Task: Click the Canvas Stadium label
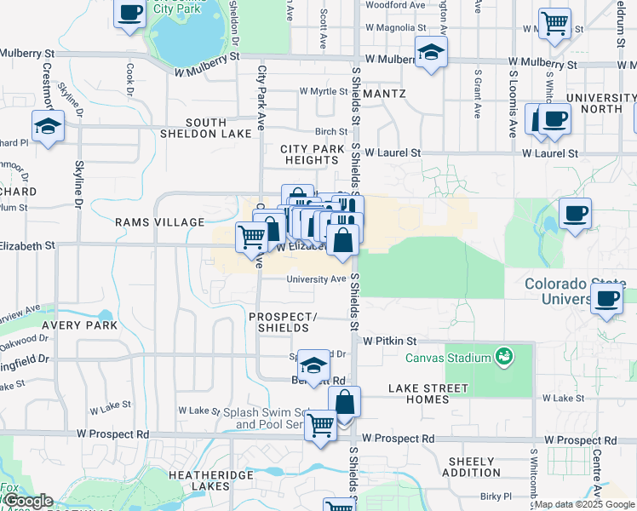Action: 448,358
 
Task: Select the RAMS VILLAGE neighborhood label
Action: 162,222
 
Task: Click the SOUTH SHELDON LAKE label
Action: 206,128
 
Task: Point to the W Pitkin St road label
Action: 388,340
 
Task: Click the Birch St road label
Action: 331,131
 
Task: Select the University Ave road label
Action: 316,278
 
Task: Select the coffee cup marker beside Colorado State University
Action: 605,299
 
